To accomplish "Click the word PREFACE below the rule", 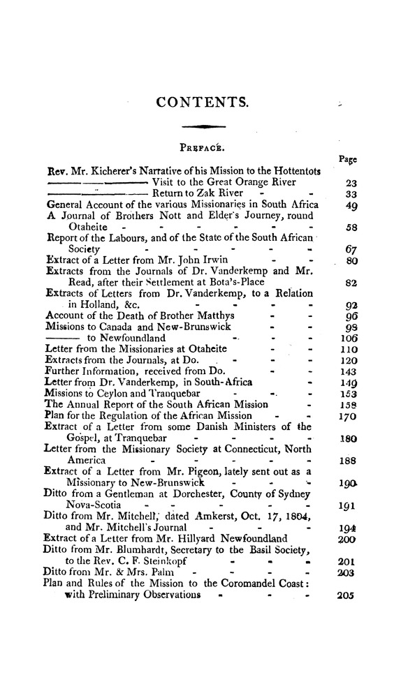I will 200,148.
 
